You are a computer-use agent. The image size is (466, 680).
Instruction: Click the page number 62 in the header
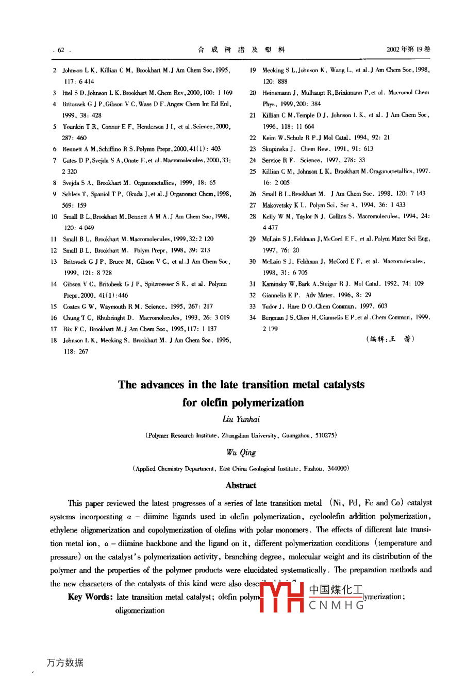click(61, 50)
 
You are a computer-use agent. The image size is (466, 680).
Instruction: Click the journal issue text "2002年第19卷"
click(408, 49)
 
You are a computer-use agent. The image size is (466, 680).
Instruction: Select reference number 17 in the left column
click(54, 329)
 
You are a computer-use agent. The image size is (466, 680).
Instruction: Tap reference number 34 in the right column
click(253, 317)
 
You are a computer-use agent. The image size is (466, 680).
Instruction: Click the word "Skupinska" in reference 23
click(275, 149)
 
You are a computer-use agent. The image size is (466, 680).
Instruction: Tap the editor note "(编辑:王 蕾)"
click(390, 338)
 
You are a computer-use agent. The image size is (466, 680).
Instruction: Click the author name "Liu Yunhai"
click(241, 419)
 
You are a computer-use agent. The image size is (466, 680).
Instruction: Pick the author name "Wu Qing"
click(241, 452)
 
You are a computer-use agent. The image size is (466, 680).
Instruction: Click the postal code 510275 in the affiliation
click(325, 435)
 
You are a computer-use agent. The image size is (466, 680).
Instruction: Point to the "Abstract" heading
click(241, 485)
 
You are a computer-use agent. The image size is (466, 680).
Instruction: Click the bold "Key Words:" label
click(90, 597)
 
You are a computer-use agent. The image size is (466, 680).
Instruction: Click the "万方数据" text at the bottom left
click(65, 662)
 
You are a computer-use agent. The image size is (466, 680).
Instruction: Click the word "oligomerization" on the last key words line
click(140, 610)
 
